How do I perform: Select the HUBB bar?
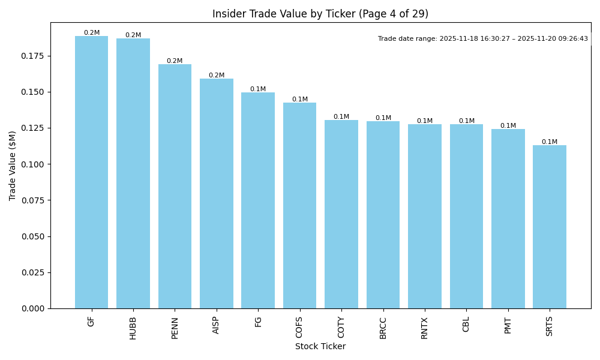[133, 173]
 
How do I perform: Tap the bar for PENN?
[175, 186]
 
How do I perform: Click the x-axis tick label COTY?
[341, 327]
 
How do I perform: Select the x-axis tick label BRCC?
[383, 328]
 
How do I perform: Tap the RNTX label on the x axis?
[425, 328]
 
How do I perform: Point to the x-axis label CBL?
[466, 325]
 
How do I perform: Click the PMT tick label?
[508, 325]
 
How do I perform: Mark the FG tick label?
[258, 322]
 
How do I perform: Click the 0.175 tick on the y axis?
[34, 56]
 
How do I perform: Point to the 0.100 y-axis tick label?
[34, 164]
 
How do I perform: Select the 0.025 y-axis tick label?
[34, 272]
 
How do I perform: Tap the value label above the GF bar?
[92, 33]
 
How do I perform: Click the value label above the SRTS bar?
[550, 142]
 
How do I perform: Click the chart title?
[320, 14]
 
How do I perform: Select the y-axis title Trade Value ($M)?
[13, 166]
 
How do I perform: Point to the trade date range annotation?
[483, 39]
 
